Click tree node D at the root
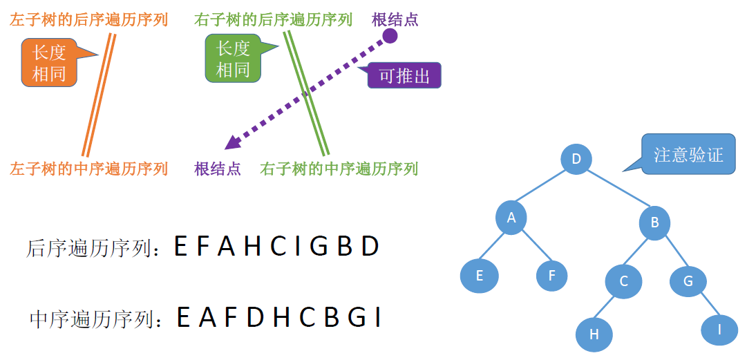coord(576,160)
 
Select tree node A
coord(511,218)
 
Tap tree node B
coord(654,222)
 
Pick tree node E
coord(479,276)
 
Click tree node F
coord(552,276)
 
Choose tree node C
coord(623,281)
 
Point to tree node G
coord(688,281)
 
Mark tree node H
coord(594,334)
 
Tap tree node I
coord(719,330)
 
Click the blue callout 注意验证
coord(688,154)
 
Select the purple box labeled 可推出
coord(404,75)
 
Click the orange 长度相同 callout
coord(49,61)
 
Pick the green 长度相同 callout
coord(233,59)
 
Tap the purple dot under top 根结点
coord(390,36)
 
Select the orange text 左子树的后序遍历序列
coord(88,19)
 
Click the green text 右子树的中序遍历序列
coord(339,168)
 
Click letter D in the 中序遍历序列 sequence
coord(256,317)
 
